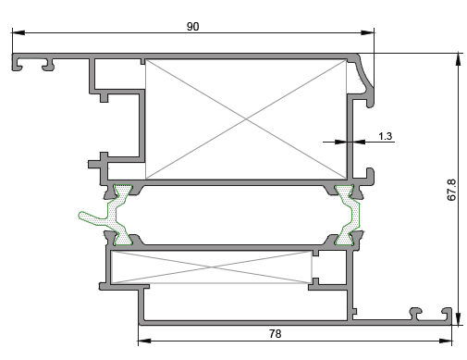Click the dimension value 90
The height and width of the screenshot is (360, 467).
click(x=193, y=27)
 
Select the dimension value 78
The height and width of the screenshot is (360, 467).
click(x=275, y=334)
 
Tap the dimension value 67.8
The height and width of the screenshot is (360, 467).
click(x=451, y=190)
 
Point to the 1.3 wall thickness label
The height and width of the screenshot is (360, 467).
click(x=385, y=136)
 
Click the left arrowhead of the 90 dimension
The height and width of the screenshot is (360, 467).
click(x=18, y=32)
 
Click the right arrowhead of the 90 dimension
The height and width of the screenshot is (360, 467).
click(x=368, y=32)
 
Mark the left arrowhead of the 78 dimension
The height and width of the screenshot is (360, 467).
click(x=144, y=341)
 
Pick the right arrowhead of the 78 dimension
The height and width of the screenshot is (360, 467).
click(x=446, y=341)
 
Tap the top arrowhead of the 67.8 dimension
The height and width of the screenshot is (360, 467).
click(x=459, y=59)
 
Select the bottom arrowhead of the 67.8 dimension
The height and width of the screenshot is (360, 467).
click(x=459, y=318)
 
